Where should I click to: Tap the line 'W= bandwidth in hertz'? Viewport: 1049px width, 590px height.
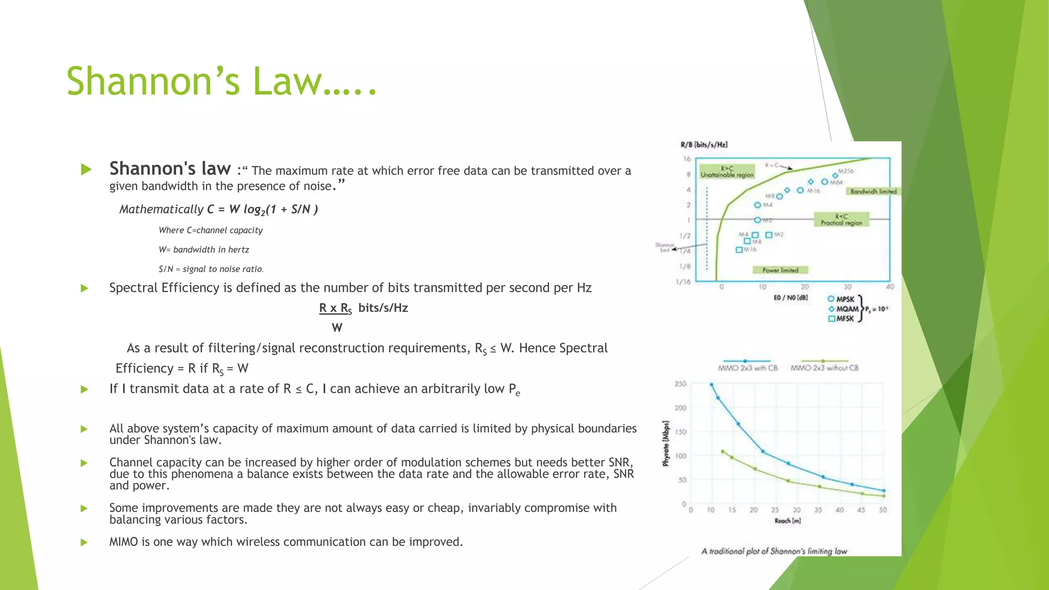(x=204, y=249)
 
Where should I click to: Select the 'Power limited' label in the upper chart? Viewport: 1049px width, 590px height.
(x=780, y=270)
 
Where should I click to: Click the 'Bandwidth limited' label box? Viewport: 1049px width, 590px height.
(x=873, y=191)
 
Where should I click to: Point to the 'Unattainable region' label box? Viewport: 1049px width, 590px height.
(x=727, y=172)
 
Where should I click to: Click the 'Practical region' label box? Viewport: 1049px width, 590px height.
(x=841, y=220)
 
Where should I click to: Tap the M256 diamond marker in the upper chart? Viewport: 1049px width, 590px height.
(x=835, y=176)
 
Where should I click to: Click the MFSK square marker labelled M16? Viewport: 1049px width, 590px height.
(x=739, y=250)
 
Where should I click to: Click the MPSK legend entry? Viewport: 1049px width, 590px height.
(x=841, y=299)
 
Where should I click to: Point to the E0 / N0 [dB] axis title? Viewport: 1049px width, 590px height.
(x=790, y=298)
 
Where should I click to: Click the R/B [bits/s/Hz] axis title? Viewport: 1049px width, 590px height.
(x=704, y=145)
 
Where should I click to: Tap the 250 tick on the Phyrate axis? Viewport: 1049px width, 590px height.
(x=680, y=384)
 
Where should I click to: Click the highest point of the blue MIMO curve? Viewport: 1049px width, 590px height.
(x=711, y=384)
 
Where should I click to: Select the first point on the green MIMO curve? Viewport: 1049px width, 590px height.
(x=723, y=451)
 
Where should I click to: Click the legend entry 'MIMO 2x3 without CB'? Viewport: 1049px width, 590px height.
(x=824, y=368)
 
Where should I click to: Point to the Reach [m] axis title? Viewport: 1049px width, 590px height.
(x=787, y=521)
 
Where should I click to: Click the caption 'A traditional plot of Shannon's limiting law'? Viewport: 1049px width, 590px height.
(x=774, y=551)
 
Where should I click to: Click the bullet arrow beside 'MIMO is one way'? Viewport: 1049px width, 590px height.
(x=85, y=542)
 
